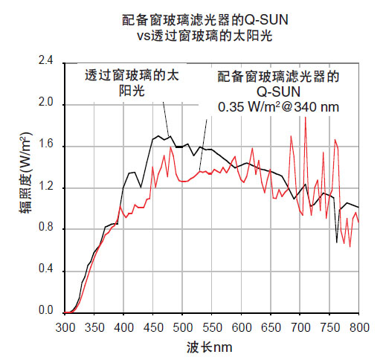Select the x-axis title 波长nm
click(x=210, y=347)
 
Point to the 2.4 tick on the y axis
click(x=46, y=62)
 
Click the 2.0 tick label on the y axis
click(x=46, y=104)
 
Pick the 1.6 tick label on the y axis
click(x=46, y=146)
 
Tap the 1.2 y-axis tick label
click(x=46, y=187)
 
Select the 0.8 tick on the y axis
click(x=46, y=229)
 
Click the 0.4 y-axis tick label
click(x=46, y=271)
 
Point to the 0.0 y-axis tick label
click(x=46, y=312)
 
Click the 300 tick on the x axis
click(x=66, y=327)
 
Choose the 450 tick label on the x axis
click(x=154, y=327)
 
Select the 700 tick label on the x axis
click(x=300, y=327)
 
